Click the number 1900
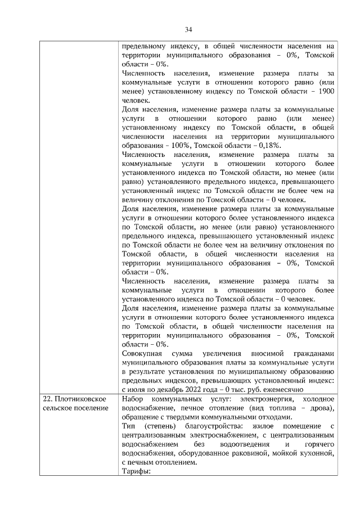(326, 91)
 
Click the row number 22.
(48, 399)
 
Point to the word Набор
(133, 399)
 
